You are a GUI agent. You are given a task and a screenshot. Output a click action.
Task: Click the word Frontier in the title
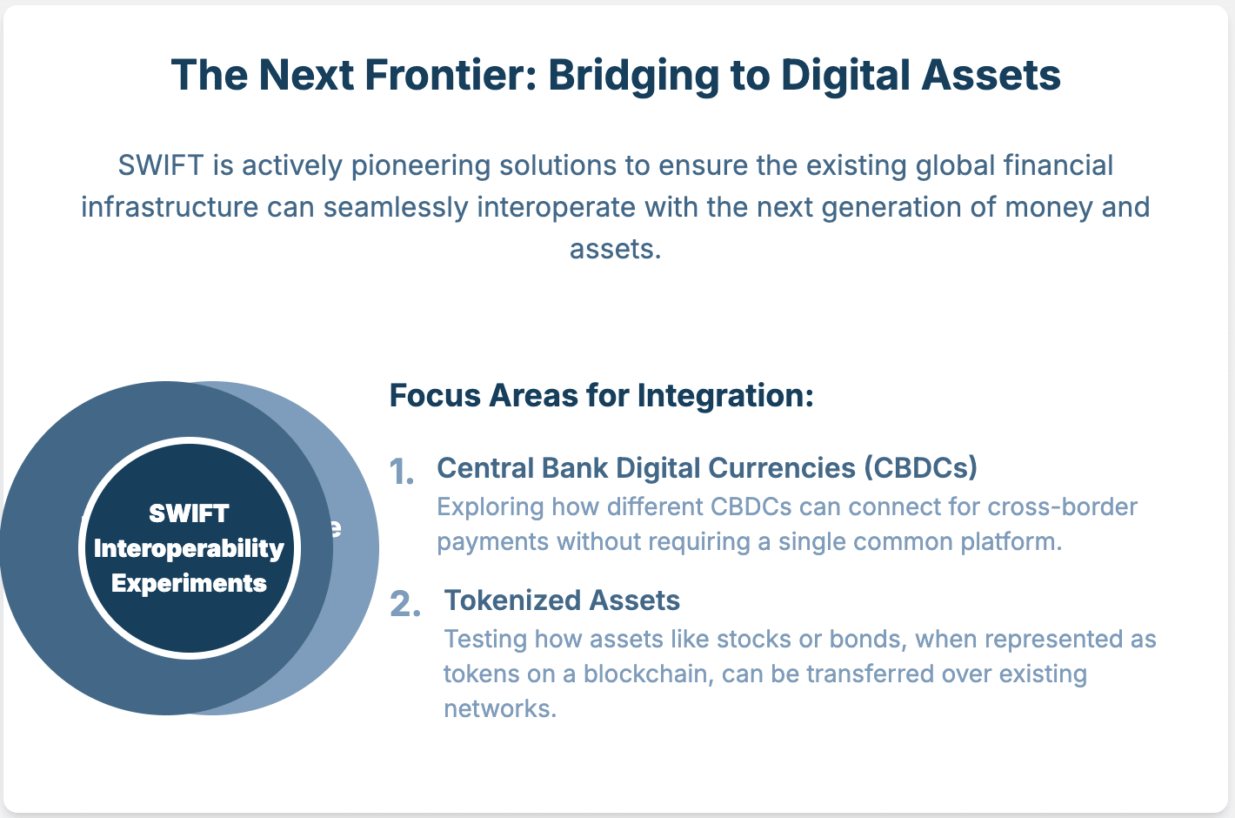point(451,75)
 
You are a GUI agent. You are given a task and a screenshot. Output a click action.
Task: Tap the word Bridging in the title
point(634,76)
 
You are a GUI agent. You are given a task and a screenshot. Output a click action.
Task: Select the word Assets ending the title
point(991,75)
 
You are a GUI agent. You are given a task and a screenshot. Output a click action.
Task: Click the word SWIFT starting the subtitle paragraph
point(161,165)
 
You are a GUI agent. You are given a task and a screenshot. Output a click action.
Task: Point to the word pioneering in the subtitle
point(421,166)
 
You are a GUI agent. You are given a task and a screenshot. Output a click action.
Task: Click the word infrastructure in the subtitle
point(170,207)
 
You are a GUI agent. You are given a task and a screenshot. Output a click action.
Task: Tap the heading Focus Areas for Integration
point(602,395)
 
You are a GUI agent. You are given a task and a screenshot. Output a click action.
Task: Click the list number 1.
point(402,472)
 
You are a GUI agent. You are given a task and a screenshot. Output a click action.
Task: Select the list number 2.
point(405,604)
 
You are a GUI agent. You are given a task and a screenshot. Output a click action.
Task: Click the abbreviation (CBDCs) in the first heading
point(920,468)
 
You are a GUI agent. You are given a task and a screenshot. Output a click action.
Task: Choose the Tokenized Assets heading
point(562,600)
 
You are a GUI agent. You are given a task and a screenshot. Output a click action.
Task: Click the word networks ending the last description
point(500,708)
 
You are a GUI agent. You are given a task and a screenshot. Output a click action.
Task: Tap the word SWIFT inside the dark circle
point(189,513)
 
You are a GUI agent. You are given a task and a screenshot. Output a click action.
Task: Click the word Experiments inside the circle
point(189,584)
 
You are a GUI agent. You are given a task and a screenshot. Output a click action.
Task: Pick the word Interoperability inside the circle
point(189,549)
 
